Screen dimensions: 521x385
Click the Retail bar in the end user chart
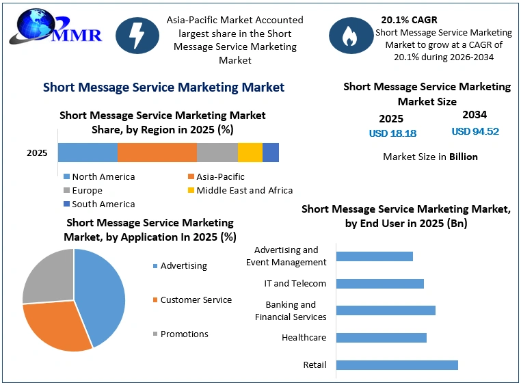pos(397,365)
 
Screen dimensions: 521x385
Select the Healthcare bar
pos(382,338)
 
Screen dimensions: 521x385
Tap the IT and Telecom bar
pos(380,284)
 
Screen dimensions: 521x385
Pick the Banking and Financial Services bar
pos(386,310)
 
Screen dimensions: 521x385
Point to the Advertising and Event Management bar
pos(375,256)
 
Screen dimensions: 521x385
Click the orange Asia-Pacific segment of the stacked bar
pos(157,152)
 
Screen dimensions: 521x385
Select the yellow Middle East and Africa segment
pos(250,152)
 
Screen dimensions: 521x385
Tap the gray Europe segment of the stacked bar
pos(217,152)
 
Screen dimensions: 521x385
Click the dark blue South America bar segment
pos(271,152)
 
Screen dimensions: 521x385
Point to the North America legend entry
pos(99,176)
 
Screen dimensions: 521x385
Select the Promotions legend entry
pos(181,334)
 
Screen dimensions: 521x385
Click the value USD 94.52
pos(475,131)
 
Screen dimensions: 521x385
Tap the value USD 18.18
pos(392,133)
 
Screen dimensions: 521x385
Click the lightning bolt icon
pos(137,36)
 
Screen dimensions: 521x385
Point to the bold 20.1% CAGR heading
pos(409,20)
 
